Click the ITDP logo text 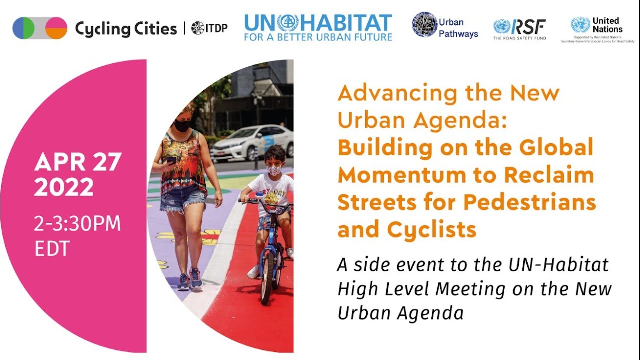pyautogui.click(x=210, y=28)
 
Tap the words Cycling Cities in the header pyautogui.click(x=126, y=29)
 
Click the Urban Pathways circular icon pyautogui.click(x=424, y=25)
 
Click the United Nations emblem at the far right pyautogui.click(x=580, y=25)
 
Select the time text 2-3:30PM pyautogui.click(x=77, y=224)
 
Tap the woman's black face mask pyautogui.click(x=182, y=125)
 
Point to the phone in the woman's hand pyautogui.click(x=171, y=160)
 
